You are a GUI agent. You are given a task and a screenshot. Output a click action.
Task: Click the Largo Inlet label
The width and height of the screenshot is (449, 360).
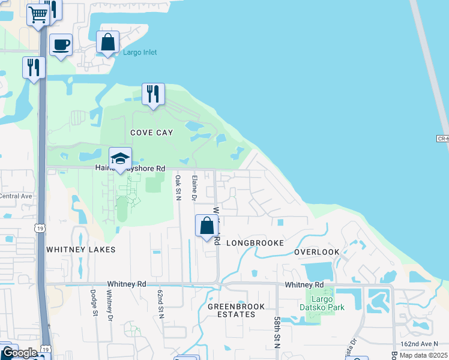coord(140,53)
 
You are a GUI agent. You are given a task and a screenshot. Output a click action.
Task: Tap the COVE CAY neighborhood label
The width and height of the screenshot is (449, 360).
coord(152,132)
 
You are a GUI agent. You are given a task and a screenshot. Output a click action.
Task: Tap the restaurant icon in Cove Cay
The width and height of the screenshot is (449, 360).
coord(153,94)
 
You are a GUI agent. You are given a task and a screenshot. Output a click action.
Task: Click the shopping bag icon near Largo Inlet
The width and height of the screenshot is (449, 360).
coord(108,43)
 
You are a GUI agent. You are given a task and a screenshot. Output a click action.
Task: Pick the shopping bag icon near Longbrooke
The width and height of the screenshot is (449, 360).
coord(206,227)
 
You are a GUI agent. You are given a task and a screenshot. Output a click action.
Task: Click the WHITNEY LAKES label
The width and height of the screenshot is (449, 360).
coord(73,249)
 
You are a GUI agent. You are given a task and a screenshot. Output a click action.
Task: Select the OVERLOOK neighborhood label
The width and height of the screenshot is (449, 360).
coord(317,252)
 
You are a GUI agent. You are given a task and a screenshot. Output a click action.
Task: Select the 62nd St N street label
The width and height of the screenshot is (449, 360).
coord(161,304)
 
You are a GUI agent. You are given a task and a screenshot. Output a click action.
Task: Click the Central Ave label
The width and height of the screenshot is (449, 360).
coord(15,196)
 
